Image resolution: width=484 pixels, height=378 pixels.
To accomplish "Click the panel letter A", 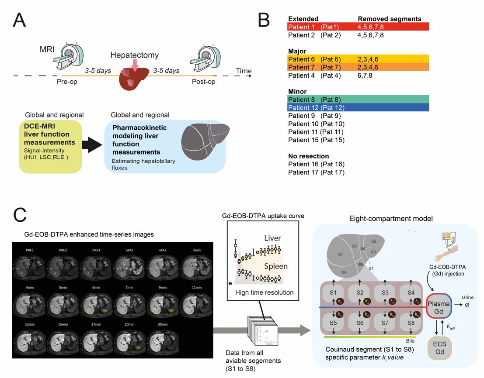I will click(24, 20).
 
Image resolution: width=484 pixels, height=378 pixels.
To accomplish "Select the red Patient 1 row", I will click(358, 27).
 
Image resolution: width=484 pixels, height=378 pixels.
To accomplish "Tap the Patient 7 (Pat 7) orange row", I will click(358, 67).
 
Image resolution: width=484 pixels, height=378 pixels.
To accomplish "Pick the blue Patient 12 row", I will click(358, 107).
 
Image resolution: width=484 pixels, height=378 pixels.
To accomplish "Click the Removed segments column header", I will click(389, 19).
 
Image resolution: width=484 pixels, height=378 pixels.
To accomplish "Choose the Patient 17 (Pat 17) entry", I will click(316, 172).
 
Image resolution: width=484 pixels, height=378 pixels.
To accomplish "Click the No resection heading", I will click(308, 156).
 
